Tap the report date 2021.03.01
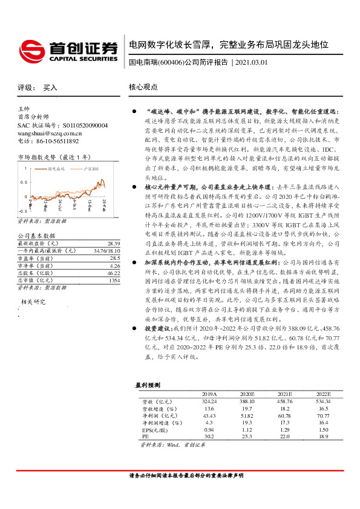click(252, 63)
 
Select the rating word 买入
click(50, 88)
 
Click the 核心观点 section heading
click(143, 88)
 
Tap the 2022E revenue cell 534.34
click(323, 401)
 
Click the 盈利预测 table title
click(147, 384)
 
